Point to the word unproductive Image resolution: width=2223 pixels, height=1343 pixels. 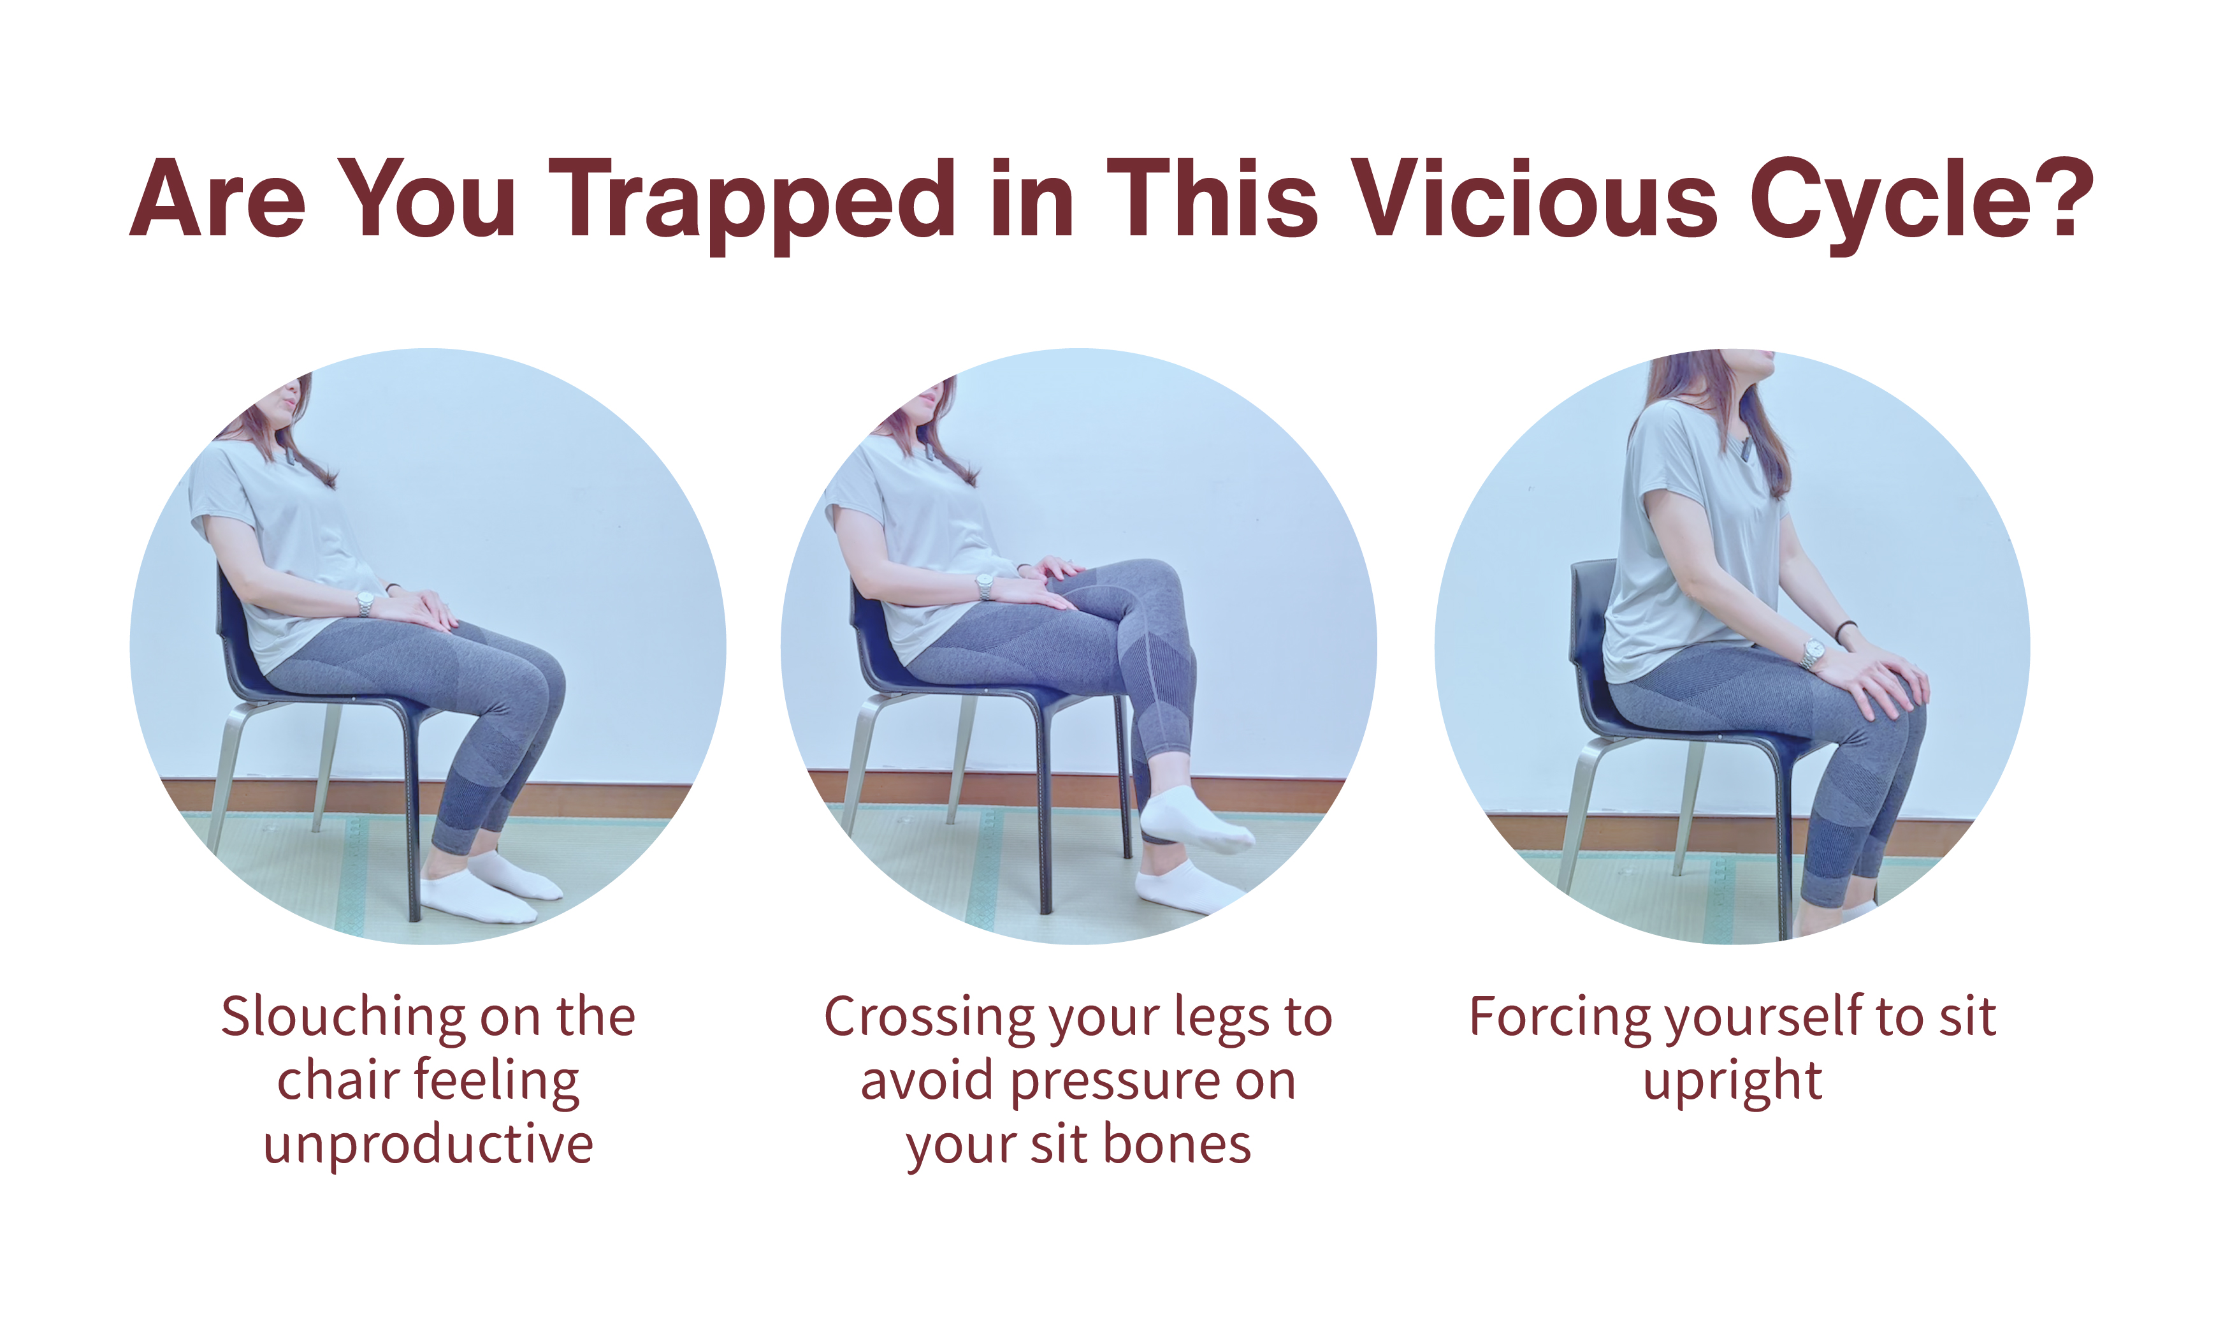tap(428, 1145)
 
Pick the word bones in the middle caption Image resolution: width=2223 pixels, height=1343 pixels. tap(1177, 1145)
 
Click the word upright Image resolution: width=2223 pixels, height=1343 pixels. tap(1732, 1082)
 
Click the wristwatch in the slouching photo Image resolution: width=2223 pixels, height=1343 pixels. tap(365, 604)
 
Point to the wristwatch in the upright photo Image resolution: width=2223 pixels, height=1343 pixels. tap(1813, 654)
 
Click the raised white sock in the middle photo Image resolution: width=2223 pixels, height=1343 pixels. tap(1196, 819)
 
